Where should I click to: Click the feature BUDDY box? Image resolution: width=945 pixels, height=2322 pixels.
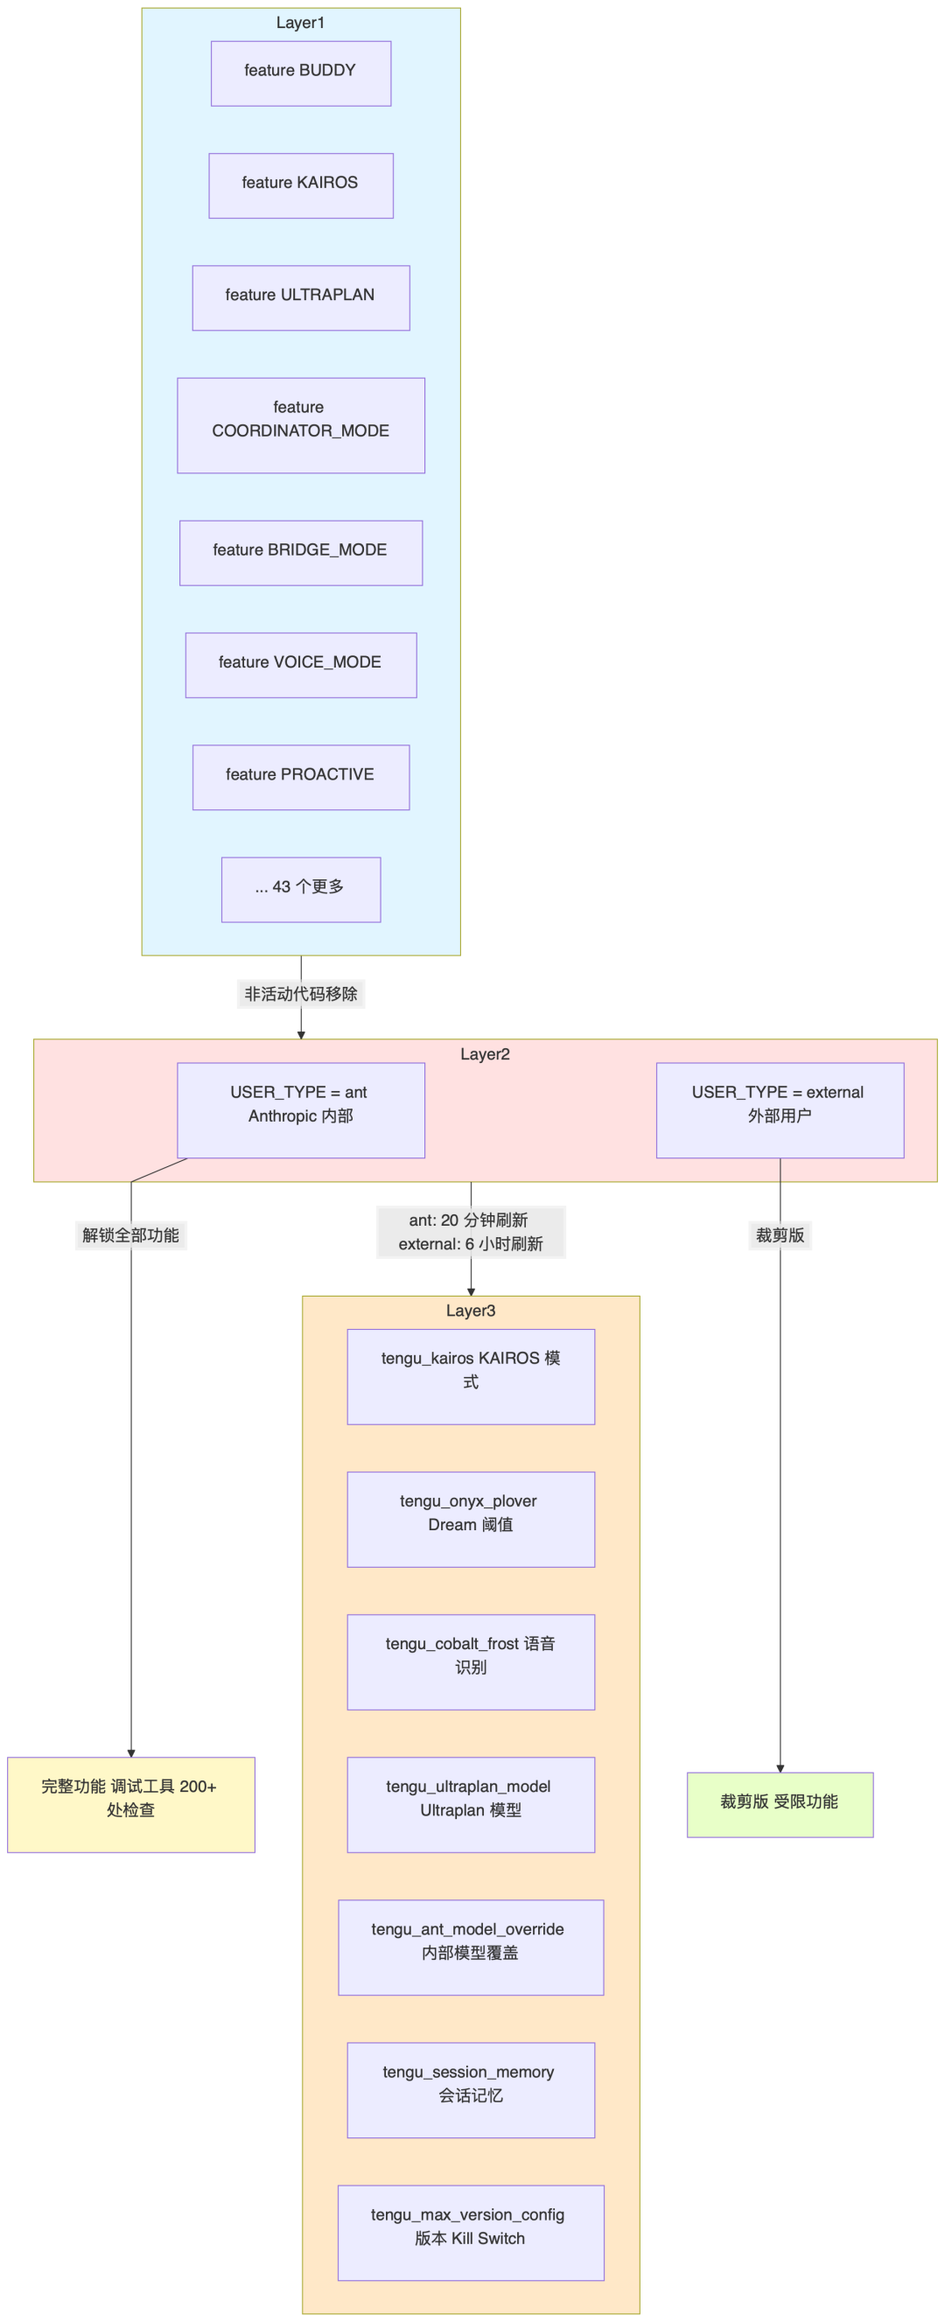tap(300, 73)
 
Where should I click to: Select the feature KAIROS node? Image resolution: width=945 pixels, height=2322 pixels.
tap(300, 185)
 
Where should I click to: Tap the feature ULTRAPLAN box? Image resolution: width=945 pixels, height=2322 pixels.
tap(300, 297)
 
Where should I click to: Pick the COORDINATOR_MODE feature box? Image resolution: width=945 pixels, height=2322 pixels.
tap(300, 424)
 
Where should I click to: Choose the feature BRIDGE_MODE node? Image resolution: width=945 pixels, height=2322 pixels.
tap(300, 553)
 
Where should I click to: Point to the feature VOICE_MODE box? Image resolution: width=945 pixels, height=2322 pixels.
tap(300, 664)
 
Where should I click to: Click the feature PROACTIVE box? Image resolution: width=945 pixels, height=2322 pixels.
tap(300, 777)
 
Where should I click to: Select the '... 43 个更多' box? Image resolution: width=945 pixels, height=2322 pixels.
tap(300, 889)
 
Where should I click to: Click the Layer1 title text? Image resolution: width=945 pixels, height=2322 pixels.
tap(300, 23)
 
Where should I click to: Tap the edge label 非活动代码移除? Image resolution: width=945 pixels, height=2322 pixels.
tap(300, 993)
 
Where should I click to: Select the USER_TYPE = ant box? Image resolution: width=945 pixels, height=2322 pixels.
tap(300, 1109)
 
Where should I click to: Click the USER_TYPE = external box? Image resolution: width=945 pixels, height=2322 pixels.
tap(779, 1109)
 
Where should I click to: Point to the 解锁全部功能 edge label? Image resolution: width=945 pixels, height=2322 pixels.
tap(130, 1234)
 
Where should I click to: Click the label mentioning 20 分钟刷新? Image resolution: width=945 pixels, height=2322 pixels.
tap(470, 1231)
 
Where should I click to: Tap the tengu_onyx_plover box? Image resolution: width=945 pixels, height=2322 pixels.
tap(470, 1519)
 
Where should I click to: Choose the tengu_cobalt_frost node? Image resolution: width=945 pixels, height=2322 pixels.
tap(470, 1661)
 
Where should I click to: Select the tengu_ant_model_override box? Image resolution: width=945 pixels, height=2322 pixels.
tap(470, 1947)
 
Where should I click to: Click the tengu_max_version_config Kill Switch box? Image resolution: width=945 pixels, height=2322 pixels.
tap(470, 2232)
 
